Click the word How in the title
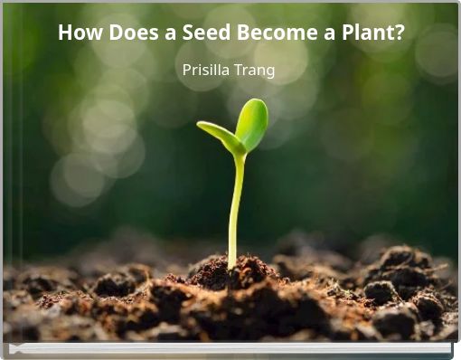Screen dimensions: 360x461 pos(77,33)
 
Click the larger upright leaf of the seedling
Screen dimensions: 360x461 pos(251,124)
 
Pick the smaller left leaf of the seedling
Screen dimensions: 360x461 pos(219,135)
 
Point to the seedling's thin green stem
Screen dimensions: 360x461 pos(235,208)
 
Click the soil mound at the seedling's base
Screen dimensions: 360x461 pos(234,271)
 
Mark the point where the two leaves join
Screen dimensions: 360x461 pos(239,153)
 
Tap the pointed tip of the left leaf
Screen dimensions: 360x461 pos(200,125)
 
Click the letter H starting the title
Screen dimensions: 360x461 pos(65,33)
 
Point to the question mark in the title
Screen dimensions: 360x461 pos(399,33)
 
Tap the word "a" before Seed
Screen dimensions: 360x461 pos(163,33)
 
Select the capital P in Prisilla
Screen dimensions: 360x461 pos(187,70)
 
